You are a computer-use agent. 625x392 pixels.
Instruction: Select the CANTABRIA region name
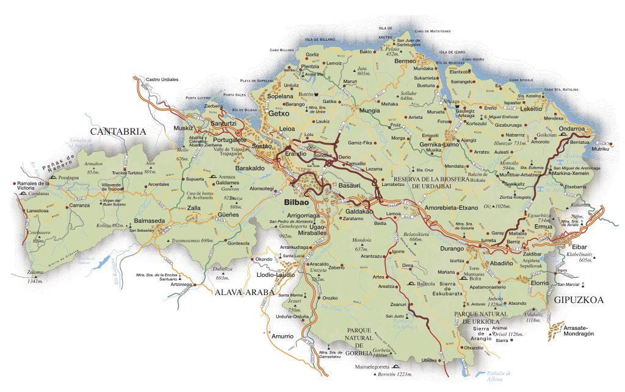tap(118, 131)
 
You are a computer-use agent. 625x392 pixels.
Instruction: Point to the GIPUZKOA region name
tap(579, 300)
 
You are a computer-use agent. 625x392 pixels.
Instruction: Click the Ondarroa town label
tap(572, 129)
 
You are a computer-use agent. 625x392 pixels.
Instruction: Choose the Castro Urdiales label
tap(162, 79)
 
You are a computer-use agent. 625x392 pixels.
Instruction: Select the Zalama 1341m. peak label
tap(36, 278)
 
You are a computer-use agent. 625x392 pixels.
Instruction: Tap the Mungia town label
tap(369, 111)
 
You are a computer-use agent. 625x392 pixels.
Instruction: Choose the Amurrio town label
tap(283, 337)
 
